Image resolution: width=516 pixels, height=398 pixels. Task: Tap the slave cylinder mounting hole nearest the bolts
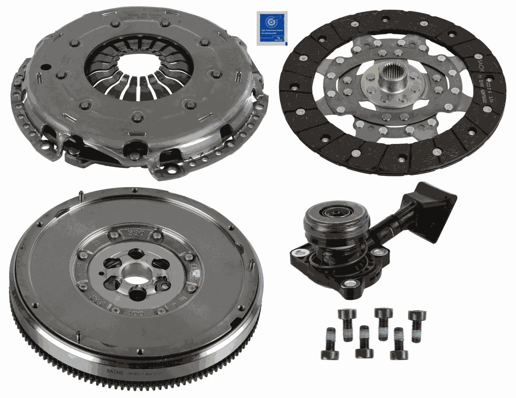coord(350,284)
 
